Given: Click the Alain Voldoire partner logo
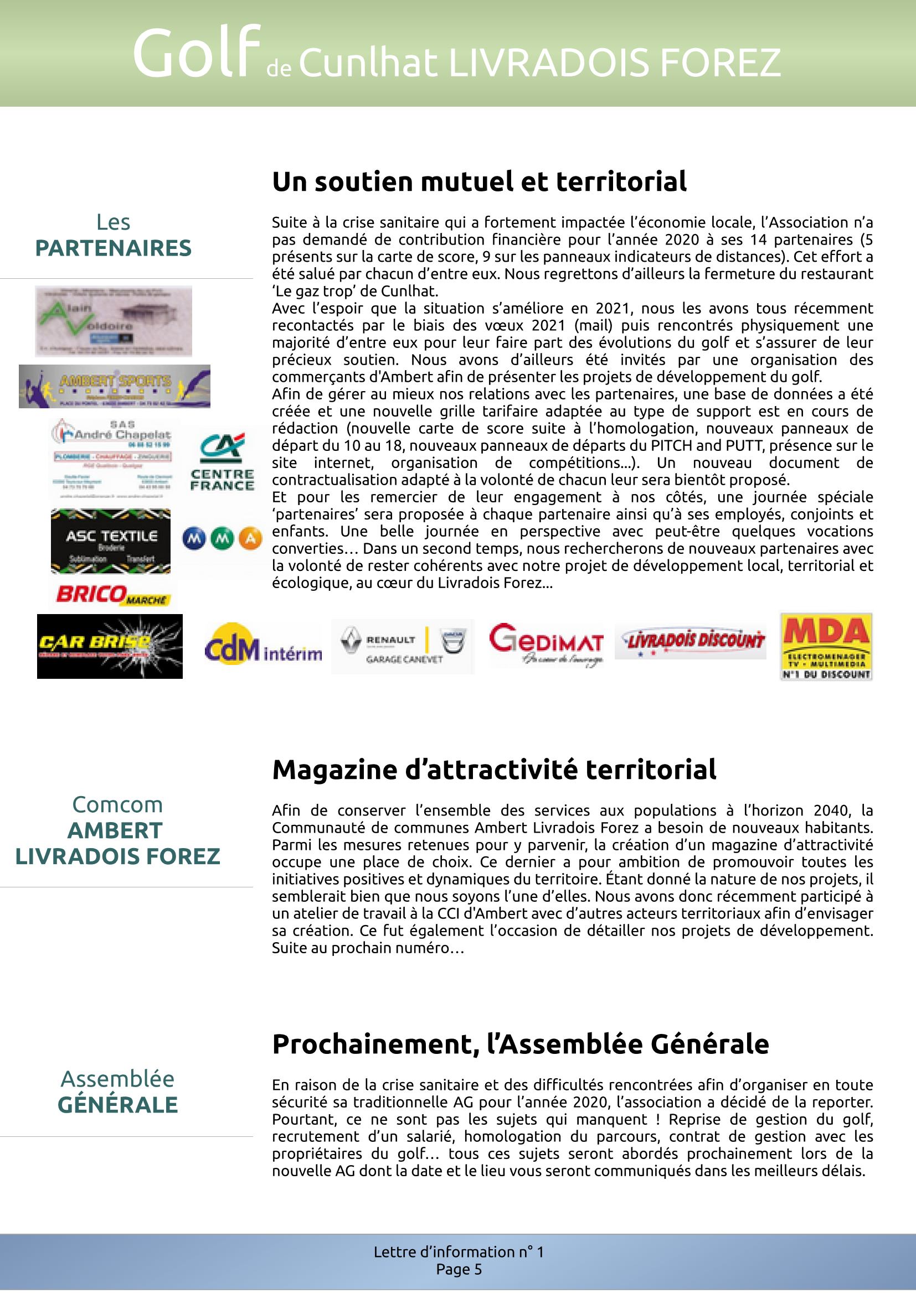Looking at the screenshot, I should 114,321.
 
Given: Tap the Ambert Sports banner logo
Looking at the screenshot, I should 115,386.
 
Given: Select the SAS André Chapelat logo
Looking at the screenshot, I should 114,459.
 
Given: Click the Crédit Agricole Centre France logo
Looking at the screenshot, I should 222,462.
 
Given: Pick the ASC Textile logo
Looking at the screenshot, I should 111,542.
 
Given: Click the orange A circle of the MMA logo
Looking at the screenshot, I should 250,539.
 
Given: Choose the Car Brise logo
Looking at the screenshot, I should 110,646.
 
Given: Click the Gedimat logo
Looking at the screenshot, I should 546,645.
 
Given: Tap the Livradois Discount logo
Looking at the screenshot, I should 691,641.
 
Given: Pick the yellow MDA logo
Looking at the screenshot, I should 826,646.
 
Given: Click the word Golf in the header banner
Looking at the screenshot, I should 196,54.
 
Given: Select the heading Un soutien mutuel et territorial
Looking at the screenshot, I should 480,181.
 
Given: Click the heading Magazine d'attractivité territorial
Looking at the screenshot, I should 494,770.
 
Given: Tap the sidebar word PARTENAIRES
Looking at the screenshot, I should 114,248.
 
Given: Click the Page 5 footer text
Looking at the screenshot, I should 459,1269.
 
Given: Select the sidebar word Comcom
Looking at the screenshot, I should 117,804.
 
